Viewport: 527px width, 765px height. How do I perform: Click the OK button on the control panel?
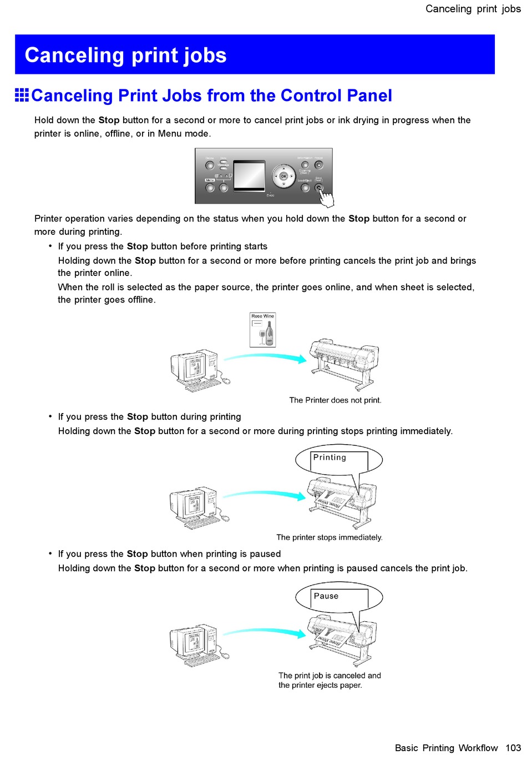283,176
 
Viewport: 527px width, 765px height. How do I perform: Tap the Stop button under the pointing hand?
318,188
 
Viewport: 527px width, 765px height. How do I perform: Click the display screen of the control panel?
249,176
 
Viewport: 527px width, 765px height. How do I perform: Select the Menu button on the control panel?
210,188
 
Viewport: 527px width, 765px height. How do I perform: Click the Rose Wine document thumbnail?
262,330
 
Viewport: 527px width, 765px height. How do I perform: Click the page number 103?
513,748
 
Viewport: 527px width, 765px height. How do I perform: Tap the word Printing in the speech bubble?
330,457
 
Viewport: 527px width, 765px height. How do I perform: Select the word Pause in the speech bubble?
326,596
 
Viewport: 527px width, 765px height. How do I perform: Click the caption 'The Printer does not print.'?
335,400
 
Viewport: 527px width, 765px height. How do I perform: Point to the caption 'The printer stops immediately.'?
330,537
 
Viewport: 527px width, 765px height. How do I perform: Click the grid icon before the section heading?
22,95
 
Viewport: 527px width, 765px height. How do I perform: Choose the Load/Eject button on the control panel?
305,188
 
